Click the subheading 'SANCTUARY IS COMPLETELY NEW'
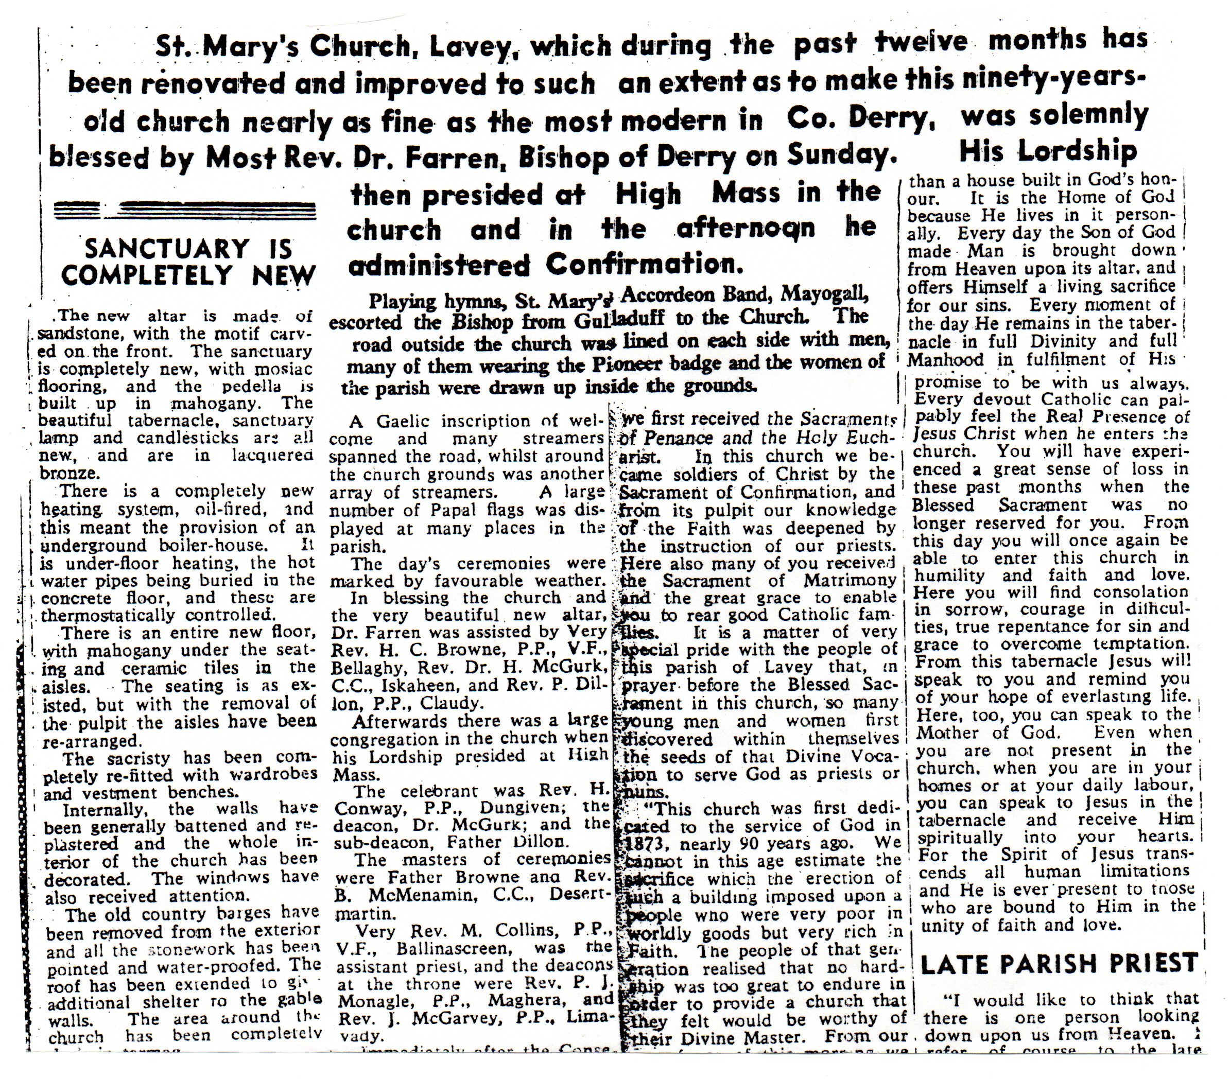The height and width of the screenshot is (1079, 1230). [x=188, y=261]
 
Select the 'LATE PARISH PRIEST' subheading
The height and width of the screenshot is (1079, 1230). [x=1059, y=963]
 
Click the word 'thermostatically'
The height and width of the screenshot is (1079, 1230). [x=108, y=616]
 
